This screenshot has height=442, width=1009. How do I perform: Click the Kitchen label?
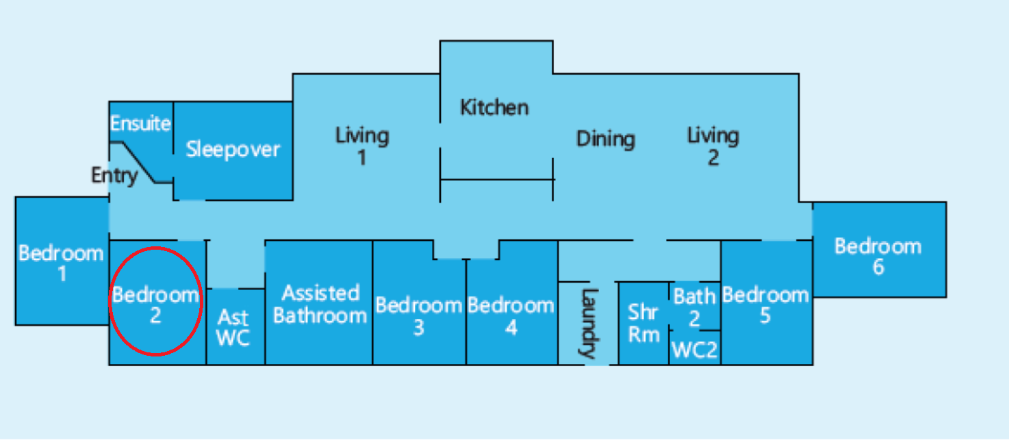pyautogui.click(x=494, y=107)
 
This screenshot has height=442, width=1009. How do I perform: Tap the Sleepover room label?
pyautogui.click(x=233, y=149)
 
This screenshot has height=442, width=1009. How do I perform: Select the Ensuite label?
pyautogui.click(x=140, y=123)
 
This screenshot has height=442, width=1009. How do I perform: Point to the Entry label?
pyautogui.click(x=114, y=175)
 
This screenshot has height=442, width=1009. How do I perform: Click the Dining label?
pyautogui.click(x=605, y=139)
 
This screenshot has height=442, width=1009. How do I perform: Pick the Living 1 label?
pyautogui.click(x=362, y=146)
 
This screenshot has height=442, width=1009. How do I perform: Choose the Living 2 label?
pyautogui.click(x=713, y=146)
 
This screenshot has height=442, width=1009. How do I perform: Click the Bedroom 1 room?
pyautogui.click(x=62, y=261)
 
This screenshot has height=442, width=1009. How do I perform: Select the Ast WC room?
pyautogui.click(x=235, y=327)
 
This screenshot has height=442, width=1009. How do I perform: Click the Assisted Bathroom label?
pyautogui.click(x=320, y=304)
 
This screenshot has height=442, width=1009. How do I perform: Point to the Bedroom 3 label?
pyautogui.click(x=419, y=316)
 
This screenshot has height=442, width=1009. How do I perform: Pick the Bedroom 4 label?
pyautogui.click(x=511, y=316)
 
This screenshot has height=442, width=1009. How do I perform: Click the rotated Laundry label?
pyautogui.click(x=589, y=323)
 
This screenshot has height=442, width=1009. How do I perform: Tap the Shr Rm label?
pyautogui.click(x=643, y=323)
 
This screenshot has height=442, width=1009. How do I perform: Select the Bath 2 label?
pyautogui.click(x=695, y=307)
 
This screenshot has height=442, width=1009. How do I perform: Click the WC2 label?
pyautogui.click(x=695, y=350)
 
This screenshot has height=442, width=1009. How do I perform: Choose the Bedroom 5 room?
pyautogui.click(x=767, y=302)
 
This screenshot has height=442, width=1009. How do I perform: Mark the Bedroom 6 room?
pyautogui.click(x=879, y=250)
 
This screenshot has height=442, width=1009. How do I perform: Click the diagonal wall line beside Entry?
pyautogui.click(x=139, y=162)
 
